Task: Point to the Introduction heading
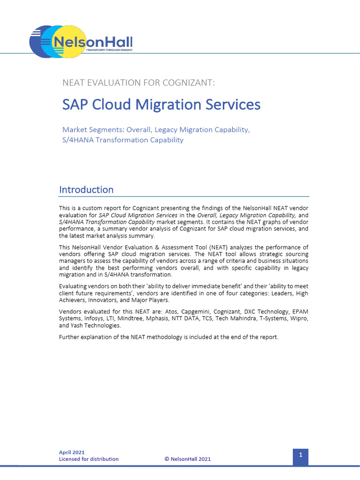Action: tap(86, 190)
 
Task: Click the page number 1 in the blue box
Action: tap(300, 455)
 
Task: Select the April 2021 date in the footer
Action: tap(72, 452)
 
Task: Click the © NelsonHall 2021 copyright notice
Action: tap(187, 459)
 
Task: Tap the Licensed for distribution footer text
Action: tap(89, 459)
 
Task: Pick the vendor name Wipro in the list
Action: tap(299, 319)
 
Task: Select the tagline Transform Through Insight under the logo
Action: tap(109, 49)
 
